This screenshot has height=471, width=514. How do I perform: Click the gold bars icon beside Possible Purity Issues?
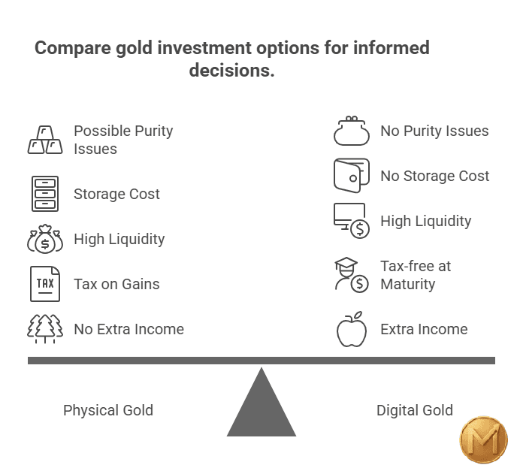(x=45, y=140)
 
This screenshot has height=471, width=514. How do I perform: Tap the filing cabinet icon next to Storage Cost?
(x=45, y=194)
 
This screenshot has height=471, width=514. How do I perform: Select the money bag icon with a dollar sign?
(x=45, y=240)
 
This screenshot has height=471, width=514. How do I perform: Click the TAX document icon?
(x=45, y=284)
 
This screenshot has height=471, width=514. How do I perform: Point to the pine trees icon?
(x=45, y=329)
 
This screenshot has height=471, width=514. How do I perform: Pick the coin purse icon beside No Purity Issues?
(x=352, y=131)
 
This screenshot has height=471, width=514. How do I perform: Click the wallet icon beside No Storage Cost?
(x=352, y=176)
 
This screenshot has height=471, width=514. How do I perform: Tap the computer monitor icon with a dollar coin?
(x=351, y=221)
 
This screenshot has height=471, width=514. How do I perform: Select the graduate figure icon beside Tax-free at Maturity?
(x=351, y=274)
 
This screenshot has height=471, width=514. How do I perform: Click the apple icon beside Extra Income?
(x=352, y=329)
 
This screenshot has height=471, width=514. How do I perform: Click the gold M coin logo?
(x=483, y=440)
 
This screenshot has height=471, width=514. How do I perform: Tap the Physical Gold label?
(x=108, y=410)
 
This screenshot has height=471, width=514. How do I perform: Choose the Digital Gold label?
(x=415, y=410)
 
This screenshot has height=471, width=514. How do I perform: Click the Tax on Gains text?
(x=116, y=284)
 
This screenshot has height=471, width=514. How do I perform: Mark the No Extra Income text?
(x=128, y=329)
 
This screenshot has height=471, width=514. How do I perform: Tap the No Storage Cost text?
(x=434, y=176)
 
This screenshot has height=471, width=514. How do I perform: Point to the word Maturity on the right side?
(x=408, y=284)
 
